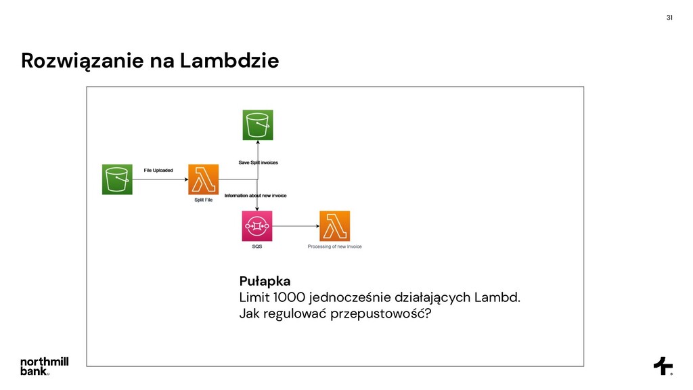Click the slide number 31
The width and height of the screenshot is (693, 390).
669,17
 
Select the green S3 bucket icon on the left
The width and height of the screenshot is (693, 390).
117,179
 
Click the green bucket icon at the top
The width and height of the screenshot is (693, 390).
257,125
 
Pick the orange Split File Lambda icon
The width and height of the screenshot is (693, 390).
203,179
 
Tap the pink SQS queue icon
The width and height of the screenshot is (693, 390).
256,226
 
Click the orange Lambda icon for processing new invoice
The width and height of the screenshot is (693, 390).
334,226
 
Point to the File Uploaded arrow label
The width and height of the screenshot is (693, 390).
158,170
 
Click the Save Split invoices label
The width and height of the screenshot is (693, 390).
258,162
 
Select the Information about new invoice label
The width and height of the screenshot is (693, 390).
255,196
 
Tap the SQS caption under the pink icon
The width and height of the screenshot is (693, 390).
256,246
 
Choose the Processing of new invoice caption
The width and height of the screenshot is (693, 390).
334,246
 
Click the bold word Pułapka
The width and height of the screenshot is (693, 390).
265,280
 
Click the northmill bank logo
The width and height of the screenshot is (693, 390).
44,366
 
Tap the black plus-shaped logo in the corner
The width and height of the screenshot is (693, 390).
663,366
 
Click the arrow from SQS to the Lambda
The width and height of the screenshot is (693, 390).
295,226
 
